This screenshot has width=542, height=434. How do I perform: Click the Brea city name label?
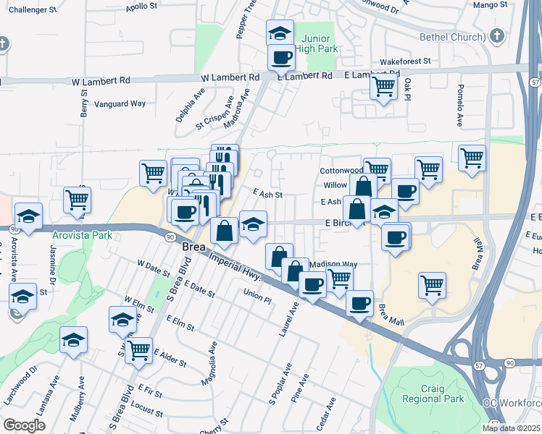click(x=193, y=247)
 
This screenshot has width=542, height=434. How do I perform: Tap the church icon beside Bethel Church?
click(x=496, y=35)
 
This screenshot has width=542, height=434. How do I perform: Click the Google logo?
click(x=24, y=425)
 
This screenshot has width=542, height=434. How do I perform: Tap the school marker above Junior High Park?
click(x=280, y=32)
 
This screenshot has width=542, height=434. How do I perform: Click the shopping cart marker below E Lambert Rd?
click(x=383, y=87)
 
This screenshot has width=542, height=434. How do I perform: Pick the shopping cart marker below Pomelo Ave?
click(x=472, y=156)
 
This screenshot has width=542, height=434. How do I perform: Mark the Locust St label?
click(x=147, y=412)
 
